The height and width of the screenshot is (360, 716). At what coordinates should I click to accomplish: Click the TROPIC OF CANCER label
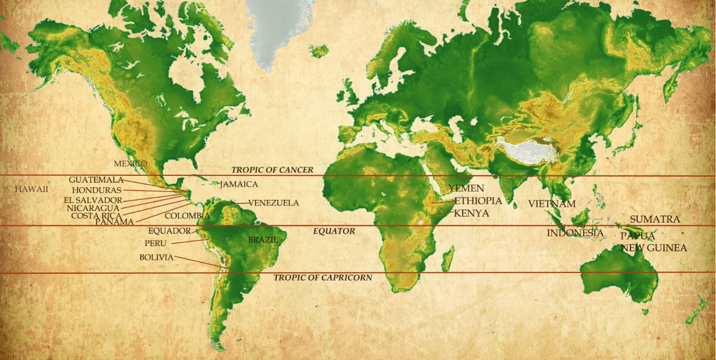[x=272, y=170]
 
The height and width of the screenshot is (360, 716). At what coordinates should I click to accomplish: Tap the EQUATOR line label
[x=334, y=231]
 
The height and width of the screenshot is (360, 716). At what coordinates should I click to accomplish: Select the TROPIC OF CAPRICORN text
[x=323, y=278]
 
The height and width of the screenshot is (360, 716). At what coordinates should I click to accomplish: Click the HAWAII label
[x=31, y=189]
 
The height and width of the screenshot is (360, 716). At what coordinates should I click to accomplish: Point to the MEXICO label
[x=131, y=164]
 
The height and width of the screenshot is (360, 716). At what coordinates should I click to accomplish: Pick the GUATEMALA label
[x=96, y=180]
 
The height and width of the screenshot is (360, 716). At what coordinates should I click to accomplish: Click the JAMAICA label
[x=239, y=184]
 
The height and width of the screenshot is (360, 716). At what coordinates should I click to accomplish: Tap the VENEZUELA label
[x=273, y=203]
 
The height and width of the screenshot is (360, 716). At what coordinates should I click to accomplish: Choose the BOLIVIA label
[x=156, y=257]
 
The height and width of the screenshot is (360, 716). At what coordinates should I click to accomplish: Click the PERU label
[x=155, y=243]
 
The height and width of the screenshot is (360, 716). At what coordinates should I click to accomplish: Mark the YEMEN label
[x=466, y=188]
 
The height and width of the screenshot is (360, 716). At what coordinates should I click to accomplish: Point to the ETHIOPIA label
[x=478, y=201]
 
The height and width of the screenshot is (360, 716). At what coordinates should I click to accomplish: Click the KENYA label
[x=471, y=214]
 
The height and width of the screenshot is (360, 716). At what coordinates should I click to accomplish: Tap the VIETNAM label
[x=552, y=204]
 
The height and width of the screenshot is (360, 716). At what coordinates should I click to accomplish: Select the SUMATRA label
[x=655, y=219]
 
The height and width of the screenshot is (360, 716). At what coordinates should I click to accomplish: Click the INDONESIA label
[x=575, y=232]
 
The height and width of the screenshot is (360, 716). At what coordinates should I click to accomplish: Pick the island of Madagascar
[x=447, y=260]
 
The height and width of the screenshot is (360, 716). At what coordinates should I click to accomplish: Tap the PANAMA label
[x=114, y=222]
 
